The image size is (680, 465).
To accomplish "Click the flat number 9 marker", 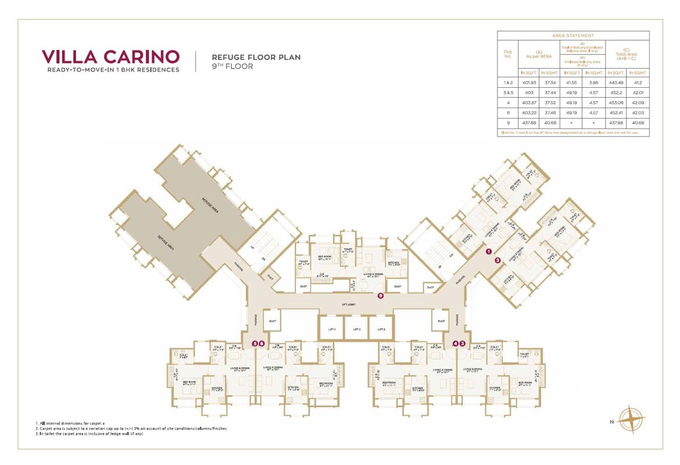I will click(380, 296).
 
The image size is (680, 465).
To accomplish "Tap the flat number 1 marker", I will click(489, 252).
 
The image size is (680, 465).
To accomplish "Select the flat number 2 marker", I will click(498, 260).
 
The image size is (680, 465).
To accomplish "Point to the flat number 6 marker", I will click(262, 344).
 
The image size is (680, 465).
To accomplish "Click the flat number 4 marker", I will click(455, 344).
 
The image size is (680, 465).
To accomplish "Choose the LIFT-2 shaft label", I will click(357, 329).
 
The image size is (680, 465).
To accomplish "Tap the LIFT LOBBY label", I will click(348, 304).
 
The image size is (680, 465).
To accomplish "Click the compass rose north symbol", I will click(632, 419).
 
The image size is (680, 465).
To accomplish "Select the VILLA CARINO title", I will click(111, 57).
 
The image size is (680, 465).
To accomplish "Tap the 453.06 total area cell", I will click(617, 102).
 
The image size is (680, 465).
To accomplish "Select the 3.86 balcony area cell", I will click(594, 83).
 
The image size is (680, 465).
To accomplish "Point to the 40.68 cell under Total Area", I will click(638, 123).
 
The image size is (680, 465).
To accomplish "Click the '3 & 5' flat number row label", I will click(508, 93).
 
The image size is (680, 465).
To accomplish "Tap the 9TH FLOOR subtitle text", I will click(232, 67).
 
